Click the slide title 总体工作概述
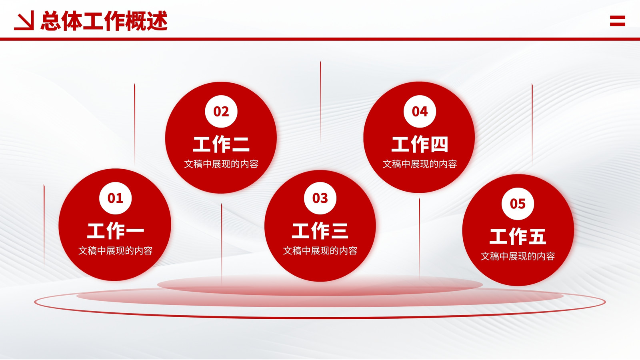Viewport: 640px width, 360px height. coord(104,20)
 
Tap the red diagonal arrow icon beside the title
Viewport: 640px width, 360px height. coord(24,20)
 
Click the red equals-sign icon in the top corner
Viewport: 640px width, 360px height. coord(618,21)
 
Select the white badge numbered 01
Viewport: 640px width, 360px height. coord(116,198)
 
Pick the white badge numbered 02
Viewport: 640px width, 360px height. coord(221,112)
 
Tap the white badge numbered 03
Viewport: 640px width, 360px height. coord(320,198)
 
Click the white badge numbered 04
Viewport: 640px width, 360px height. coord(420,112)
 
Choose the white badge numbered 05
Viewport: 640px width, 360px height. coord(518,204)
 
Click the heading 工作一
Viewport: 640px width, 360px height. coord(116,231)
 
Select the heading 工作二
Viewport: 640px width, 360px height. coord(221,144)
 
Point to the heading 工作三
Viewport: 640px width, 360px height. coord(320,231)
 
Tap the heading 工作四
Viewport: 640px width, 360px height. coord(420,144)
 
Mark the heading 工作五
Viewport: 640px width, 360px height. coord(518,236)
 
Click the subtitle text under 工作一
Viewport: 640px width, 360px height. coord(116,250)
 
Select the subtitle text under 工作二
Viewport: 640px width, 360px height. coord(221,164)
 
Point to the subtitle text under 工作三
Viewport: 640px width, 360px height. coord(320,250)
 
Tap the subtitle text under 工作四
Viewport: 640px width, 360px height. coord(420,164)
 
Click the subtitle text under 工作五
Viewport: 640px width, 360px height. coord(518,256)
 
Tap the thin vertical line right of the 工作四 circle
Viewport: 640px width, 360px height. coord(532,124)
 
